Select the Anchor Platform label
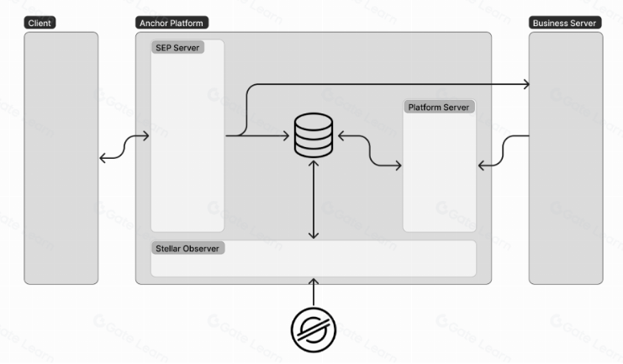coord(171,23)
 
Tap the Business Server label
coord(563,23)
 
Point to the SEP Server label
coord(177,48)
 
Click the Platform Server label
coord(439,108)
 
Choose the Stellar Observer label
coord(187,249)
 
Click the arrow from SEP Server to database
coord(261,135)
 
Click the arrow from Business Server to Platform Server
coord(504,151)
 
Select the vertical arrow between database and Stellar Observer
coord(314,200)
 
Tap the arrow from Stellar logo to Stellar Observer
coord(314,293)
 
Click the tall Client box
coord(61,160)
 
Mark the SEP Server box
coord(187,168)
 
